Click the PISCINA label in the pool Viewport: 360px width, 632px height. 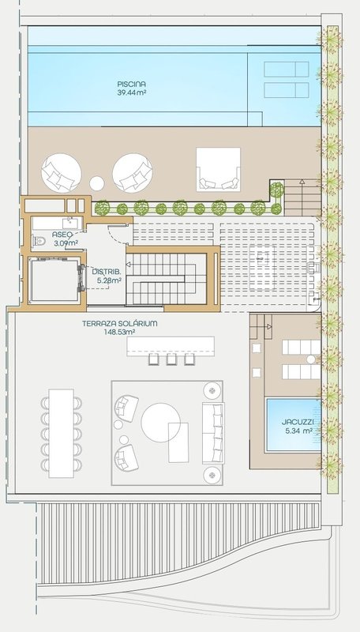(132, 85)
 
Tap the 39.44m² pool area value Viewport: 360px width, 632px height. (132, 92)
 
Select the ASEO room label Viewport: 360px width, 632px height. (62, 235)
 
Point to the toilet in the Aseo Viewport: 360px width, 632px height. (39, 241)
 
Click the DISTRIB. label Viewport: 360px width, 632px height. (107, 271)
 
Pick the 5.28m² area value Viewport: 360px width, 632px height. (109, 280)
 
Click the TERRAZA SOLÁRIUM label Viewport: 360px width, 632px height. (119, 323)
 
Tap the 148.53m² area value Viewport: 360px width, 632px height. (119, 332)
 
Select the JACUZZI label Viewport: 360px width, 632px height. (298, 422)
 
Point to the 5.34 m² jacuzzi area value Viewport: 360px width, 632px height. (298, 431)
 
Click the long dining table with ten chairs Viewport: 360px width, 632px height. (62, 433)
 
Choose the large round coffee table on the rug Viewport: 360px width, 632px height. (161, 423)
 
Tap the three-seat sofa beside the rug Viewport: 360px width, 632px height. (213, 432)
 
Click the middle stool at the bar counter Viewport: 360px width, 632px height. (171, 359)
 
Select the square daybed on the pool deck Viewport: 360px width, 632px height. (218, 169)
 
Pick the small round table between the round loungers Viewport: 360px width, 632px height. (96, 183)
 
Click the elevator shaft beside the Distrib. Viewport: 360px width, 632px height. (54, 280)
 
